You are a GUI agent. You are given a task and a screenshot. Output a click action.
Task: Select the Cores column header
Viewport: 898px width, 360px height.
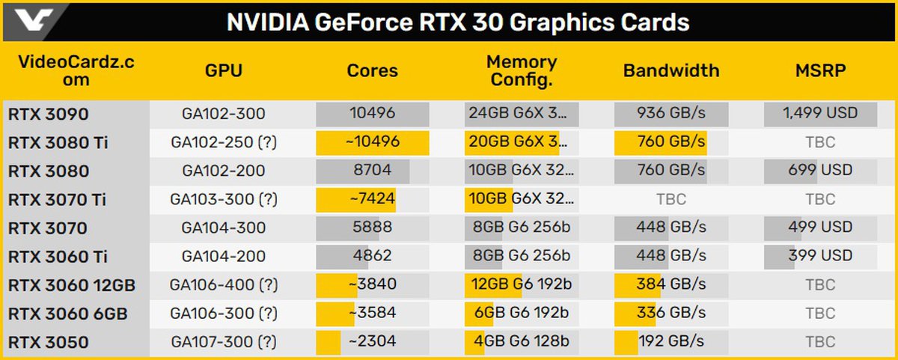click(372, 71)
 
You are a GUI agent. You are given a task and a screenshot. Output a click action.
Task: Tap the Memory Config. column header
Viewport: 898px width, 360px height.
click(522, 71)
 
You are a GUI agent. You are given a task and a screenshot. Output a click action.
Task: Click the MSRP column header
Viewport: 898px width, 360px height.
click(820, 71)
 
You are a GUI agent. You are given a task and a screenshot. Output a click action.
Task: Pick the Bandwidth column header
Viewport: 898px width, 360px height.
click(671, 71)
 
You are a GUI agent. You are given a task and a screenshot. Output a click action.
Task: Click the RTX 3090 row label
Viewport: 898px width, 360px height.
click(49, 115)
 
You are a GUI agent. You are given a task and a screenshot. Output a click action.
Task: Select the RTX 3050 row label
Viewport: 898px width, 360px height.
click(49, 343)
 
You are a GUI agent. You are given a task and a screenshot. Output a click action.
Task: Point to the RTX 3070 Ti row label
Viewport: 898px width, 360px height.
click(57, 200)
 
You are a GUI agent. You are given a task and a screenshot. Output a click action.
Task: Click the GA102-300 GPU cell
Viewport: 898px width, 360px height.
click(223, 115)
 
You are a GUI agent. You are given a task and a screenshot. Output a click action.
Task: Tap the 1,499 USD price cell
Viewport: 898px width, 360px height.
click(820, 115)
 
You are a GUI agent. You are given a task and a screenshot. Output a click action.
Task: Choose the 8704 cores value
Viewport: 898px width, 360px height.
click(372, 171)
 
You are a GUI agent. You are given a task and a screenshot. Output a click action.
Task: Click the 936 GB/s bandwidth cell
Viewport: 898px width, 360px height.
click(671, 115)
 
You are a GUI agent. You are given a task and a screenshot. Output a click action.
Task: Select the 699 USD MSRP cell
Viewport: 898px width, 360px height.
click(820, 171)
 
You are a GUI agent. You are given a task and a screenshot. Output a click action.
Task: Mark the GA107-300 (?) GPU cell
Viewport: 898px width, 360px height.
click(223, 343)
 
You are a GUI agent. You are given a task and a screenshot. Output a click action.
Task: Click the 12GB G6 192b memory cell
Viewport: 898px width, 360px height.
click(522, 285)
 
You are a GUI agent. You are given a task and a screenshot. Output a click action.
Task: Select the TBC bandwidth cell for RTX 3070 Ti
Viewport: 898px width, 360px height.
click(671, 200)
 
